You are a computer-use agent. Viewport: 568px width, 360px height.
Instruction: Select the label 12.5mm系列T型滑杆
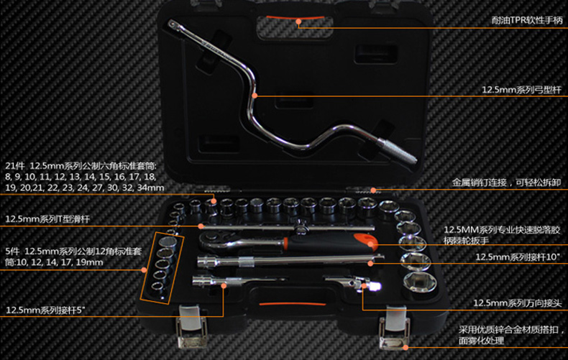point(48,219)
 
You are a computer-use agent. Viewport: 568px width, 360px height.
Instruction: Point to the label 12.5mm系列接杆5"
point(51,310)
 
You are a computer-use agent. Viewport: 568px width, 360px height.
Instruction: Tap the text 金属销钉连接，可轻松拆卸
point(506,183)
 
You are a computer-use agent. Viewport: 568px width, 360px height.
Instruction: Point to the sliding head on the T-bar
point(295,225)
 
